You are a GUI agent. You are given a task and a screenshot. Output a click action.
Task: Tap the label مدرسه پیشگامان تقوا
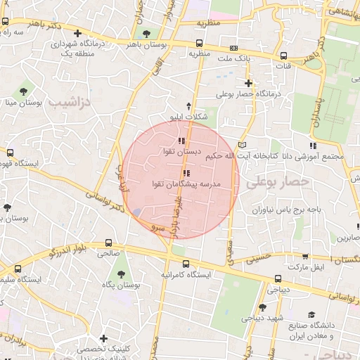(x=186, y=184)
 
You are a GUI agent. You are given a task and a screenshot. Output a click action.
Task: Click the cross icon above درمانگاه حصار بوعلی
(x=248, y=83)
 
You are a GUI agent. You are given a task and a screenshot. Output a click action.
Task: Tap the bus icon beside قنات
(x=283, y=56)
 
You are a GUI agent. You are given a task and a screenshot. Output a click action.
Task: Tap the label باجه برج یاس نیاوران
(x=276, y=210)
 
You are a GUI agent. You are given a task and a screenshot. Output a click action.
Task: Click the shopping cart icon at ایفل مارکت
(x=305, y=257)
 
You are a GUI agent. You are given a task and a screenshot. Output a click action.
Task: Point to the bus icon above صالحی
(x=107, y=240)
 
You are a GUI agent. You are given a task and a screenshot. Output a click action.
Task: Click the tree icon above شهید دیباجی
(x=262, y=307)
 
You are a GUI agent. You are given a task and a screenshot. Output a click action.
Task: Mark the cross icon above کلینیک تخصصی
(x=103, y=338)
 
